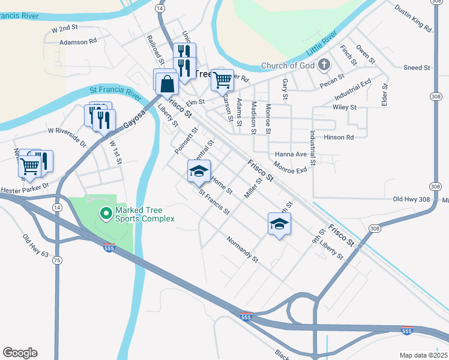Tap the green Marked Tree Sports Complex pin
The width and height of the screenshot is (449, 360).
pyautogui.click(x=106, y=213)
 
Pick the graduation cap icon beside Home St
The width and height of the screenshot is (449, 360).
pyautogui.click(x=199, y=171)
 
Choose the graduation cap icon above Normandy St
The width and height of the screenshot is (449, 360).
pyautogui.click(x=279, y=224)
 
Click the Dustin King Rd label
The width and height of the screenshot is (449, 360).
pyautogui.click(x=413, y=18)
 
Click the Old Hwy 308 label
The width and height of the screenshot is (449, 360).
pyautogui.click(x=413, y=199)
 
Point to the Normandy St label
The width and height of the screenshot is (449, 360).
pyautogui.click(x=242, y=250)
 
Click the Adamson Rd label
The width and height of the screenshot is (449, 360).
pyautogui.click(x=78, y=43)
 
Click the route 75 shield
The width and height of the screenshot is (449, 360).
pyautogui.click(x=57, y=260)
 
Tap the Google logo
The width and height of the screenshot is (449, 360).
pyautogui.click(x=20, y=353)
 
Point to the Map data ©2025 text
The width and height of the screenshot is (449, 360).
pyautogui.click(x=423, y=355)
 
